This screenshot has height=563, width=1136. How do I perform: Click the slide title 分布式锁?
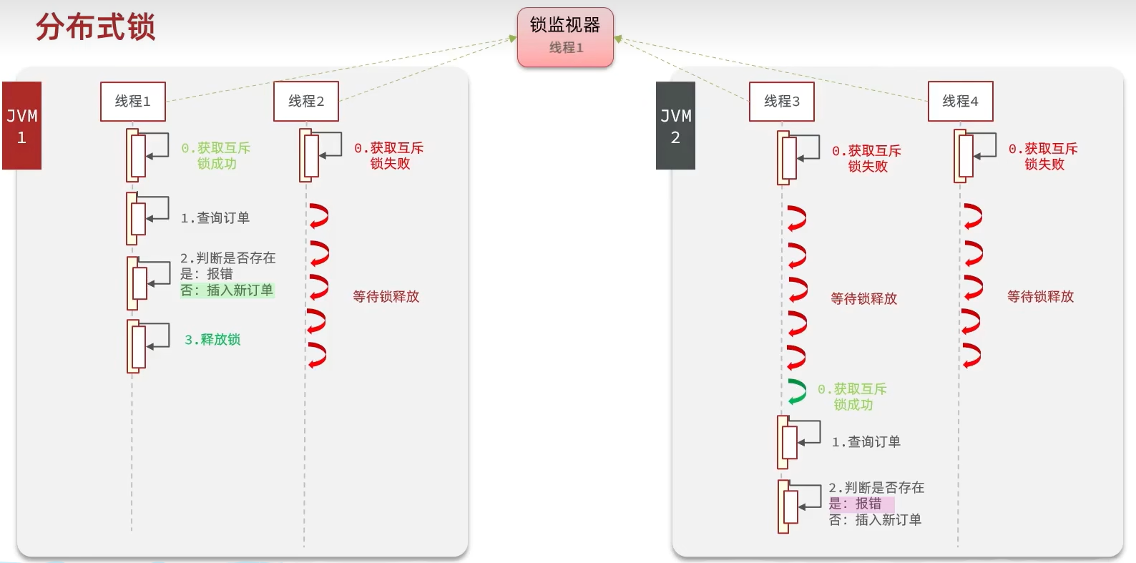click(95, 28)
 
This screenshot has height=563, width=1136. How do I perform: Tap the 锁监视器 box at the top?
click(565, 37)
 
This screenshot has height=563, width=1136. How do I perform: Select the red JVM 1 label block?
click(21, 126)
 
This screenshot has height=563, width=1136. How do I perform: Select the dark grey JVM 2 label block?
click(675, 126)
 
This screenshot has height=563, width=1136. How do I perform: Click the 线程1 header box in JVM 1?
click(133, 102)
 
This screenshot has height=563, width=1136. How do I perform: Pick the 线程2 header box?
click(306, 102)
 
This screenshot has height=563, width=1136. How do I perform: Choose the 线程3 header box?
click(782, 102)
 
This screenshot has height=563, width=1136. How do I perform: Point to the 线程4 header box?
click(960, 102)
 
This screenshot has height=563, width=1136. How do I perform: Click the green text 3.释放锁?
click(212, 340)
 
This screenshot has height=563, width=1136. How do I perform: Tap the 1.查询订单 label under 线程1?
click(215, 218)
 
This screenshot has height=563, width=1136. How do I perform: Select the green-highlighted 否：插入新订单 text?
click(227, 290)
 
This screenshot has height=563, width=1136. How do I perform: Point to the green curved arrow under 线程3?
click(796, 391)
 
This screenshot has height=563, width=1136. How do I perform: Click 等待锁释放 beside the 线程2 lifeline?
click(386, 297)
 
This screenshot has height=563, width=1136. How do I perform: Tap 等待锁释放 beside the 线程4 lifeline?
click(1040, 297)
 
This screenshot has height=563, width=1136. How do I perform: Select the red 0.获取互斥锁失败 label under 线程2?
click(389, 156)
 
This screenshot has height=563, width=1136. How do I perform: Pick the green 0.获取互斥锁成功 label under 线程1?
click(216, 156)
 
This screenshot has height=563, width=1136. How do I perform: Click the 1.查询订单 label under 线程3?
click(866, 442)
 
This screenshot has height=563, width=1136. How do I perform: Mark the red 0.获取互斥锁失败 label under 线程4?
click(1043, 157)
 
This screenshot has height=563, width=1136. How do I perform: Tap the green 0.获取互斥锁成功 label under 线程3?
click(853, 397)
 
